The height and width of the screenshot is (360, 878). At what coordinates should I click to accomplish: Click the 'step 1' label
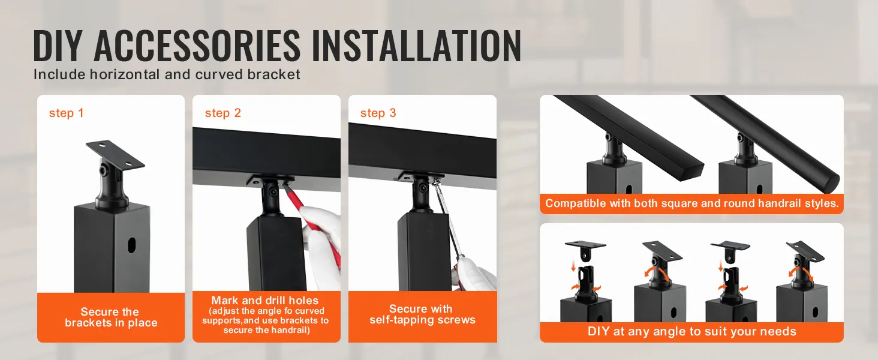(66, 113)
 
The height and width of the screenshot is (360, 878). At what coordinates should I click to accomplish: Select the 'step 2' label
(222, 113)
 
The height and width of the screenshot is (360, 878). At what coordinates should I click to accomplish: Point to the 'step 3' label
(378, 113)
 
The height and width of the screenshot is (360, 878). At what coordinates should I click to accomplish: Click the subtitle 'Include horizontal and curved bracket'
(167, 75)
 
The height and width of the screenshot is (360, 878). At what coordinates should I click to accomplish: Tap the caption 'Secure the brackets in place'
(111, 317)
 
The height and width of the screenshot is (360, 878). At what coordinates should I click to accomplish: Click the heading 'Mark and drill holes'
(264, 301)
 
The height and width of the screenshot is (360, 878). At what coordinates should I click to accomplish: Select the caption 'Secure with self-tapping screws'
(422, 314)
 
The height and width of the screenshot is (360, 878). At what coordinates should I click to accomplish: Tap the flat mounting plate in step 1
(115, 155)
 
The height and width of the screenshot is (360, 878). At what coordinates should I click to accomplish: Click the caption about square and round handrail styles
(691, 203)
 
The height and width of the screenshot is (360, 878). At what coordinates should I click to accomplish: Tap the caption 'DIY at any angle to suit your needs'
(691, 331)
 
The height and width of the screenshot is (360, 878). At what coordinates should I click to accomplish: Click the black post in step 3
(423, 252)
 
